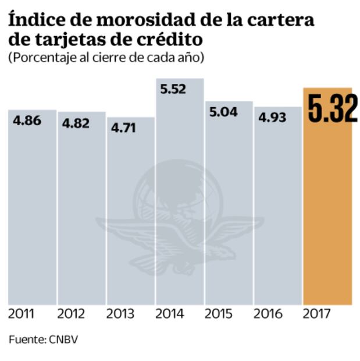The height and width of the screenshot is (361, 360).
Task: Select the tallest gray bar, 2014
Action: coord(180,192)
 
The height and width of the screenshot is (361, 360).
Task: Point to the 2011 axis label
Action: coord(22,314)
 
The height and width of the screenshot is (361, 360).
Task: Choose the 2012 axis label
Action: coord(71,314)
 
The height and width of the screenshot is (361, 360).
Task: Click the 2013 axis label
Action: coord(120,314)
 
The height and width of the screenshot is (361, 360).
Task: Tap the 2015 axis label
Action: coord(219,314)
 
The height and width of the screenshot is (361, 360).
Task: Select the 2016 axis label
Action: coord(268,314)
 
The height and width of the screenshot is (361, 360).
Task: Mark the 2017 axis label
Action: coord(317,314)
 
